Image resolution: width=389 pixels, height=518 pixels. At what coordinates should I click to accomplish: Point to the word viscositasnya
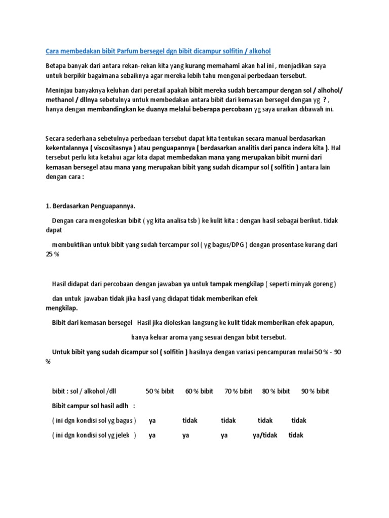pyautogui.click(x=114, y=148)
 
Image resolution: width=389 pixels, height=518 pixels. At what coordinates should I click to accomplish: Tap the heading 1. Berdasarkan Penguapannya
pyautogui.click(x=91, y=206)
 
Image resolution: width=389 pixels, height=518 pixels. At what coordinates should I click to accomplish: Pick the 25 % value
pyautogui.click(x=53, y=254)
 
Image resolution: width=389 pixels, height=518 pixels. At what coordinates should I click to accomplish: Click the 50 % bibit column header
pyautogui.click(x=160, y=391)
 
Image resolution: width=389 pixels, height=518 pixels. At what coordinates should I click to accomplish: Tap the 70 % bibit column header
pyautogui.click(x=238, y=391)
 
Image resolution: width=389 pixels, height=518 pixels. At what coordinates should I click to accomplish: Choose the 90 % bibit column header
pyautogui.click(x=315, y=391)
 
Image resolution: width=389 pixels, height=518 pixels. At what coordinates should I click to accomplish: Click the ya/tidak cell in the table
pyautogui.click(x=265, y=435)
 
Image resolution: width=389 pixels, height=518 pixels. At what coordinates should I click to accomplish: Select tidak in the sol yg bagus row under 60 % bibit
pyautogui.click(x=190, y=420)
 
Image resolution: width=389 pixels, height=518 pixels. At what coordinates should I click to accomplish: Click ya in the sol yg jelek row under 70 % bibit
pyautogui.click(x=225, y=435)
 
